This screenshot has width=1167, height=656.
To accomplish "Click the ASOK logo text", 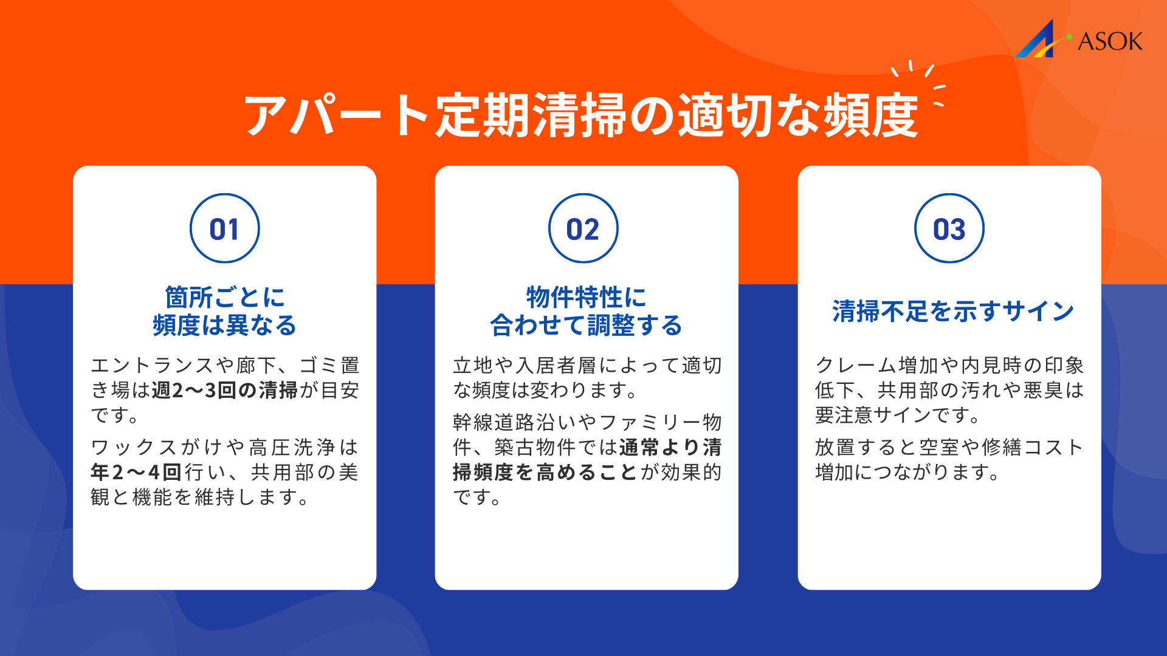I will [1110, 41].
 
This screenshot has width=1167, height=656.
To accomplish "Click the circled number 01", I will [224, 229].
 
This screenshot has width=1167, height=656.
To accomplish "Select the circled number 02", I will [583, 229].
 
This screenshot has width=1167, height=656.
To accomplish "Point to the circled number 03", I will [949, 229].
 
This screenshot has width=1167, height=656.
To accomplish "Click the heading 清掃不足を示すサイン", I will [952, 312].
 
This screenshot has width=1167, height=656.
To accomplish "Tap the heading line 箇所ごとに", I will [225, 298].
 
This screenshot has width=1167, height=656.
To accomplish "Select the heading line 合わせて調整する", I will [586, 326].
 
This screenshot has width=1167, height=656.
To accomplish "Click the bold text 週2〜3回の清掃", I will [224, 391].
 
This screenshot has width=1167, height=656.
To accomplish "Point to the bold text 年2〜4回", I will [136, 473].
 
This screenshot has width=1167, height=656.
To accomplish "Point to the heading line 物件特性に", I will [586, 298].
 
